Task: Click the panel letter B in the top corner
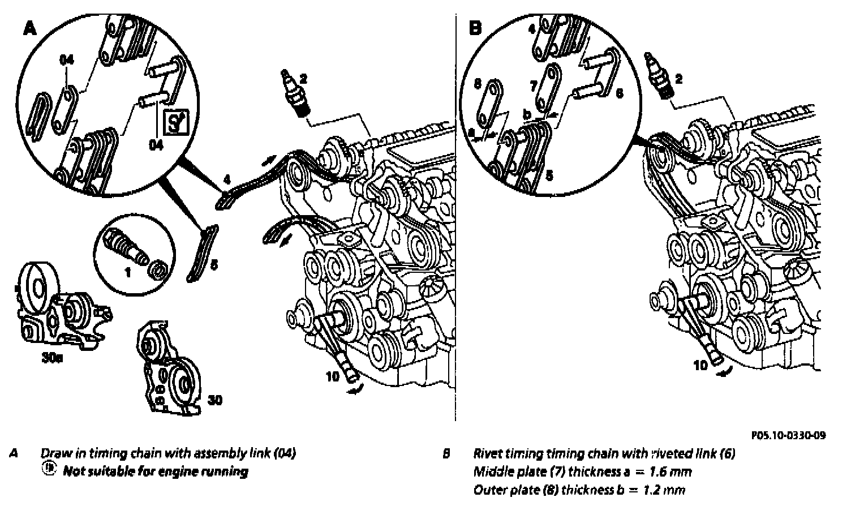(x=476, y=28)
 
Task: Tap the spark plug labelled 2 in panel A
(x=295, y=93)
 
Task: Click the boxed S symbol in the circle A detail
(x=175, y=123)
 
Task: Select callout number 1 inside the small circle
(x=127, y=272)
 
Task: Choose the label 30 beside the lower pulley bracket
(x=214, y=400)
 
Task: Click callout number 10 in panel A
(x=334, y=375)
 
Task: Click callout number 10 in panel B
(x=701, y=365)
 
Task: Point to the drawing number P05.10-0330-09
(x=788, y=435)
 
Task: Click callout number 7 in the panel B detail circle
(x=532, y=85)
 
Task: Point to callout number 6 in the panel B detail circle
(x=619, y=93)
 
